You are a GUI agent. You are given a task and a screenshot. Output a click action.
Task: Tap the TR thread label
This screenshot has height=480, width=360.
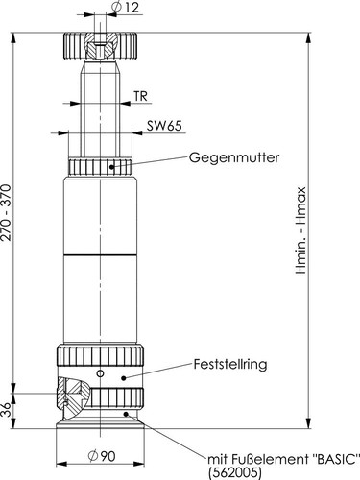(140, 97)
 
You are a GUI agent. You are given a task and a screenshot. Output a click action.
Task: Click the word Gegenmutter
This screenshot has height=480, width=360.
(233, 156)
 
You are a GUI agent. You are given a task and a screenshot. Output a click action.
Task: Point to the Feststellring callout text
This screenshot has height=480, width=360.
(231, 364)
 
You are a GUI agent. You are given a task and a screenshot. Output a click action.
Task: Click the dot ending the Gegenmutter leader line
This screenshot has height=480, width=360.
(115, 165)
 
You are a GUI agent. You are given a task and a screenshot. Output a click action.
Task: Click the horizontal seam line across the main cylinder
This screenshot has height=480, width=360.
(100, 254)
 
